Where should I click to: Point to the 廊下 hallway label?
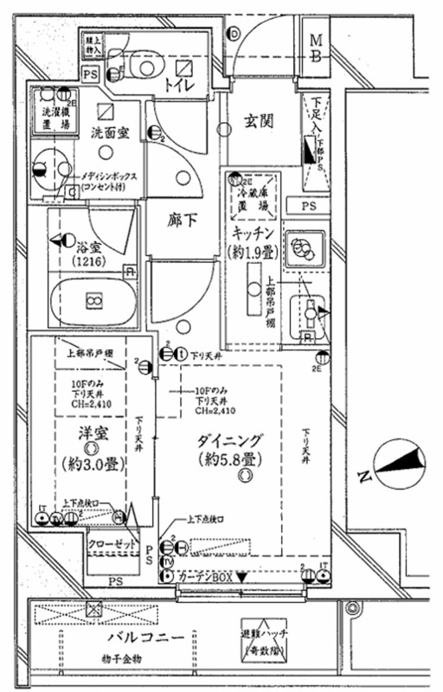[x=182, y=220]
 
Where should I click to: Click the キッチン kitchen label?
[x=253, y=234]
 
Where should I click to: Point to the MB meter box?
[x=318, y=48]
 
